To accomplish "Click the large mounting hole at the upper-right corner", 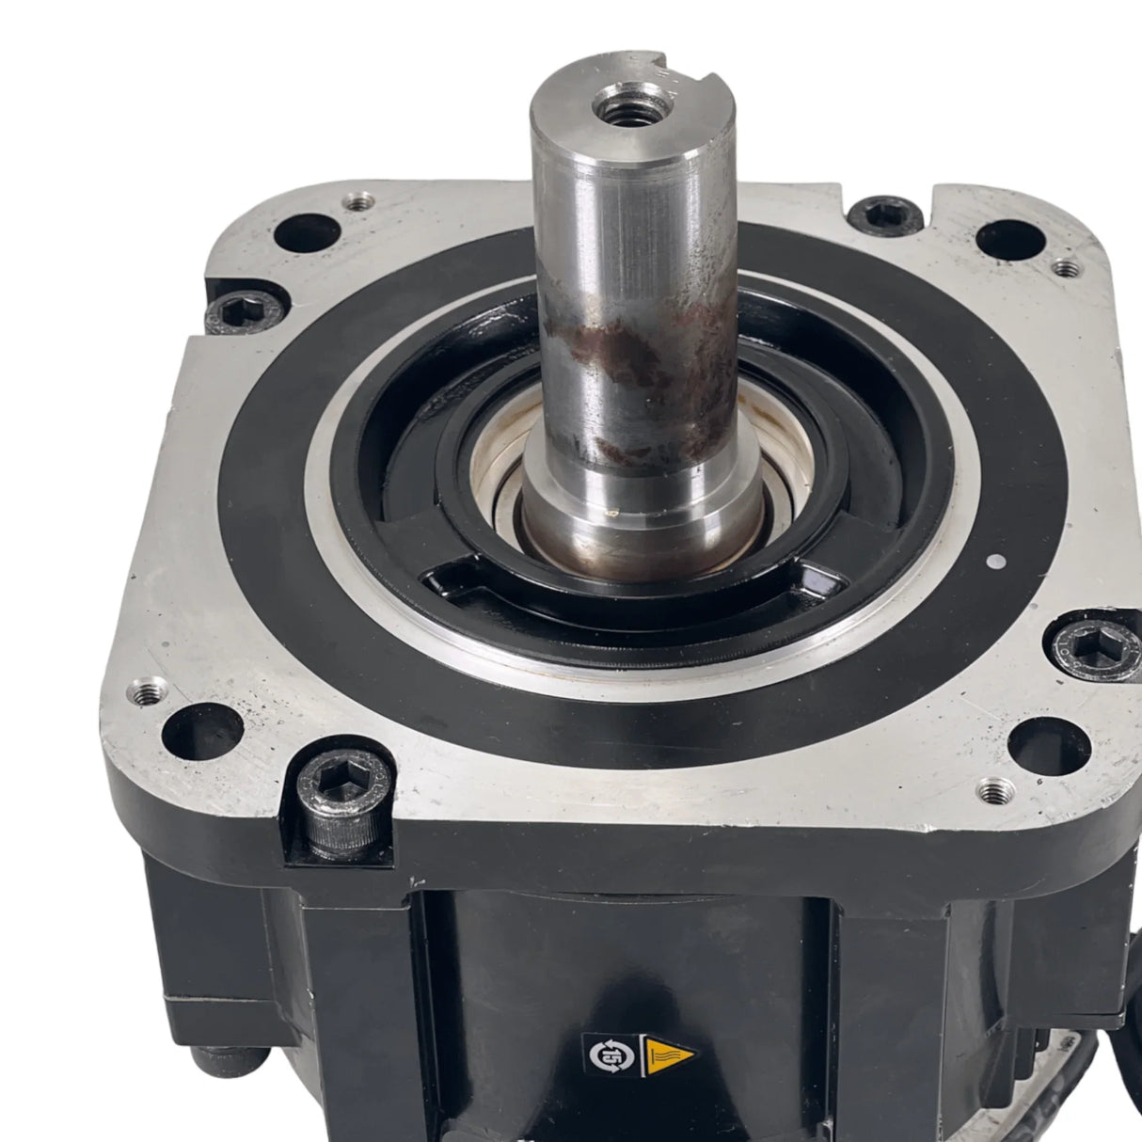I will pos(1010,239).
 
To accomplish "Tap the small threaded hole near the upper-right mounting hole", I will pos(1065,268).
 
